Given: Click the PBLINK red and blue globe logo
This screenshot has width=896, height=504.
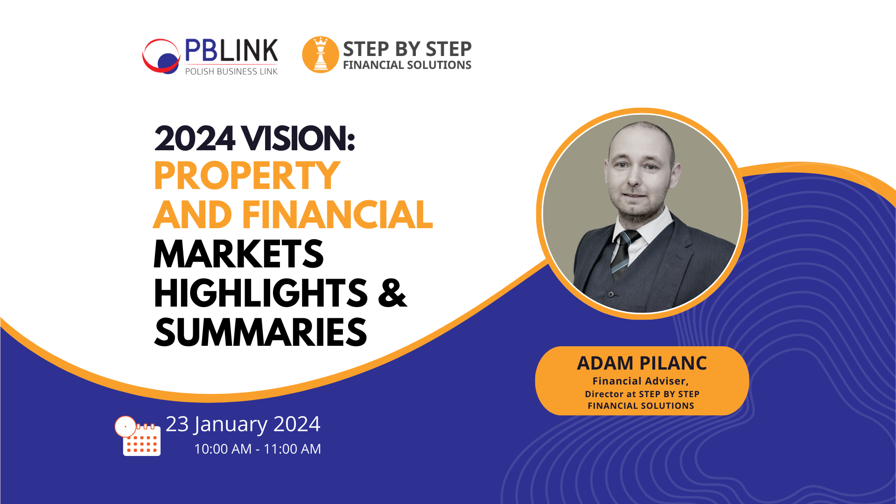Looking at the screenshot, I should tap(161, 56).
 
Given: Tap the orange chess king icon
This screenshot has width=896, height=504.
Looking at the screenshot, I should tap(320, 55).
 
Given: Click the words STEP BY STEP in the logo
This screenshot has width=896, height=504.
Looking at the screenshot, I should tap(407, 49).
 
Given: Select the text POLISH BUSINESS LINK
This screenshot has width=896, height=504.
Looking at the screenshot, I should tap(231, 71).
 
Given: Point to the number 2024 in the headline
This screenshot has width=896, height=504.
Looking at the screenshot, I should tap(194, 139).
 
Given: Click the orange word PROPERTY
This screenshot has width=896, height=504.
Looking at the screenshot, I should tap(247, 176).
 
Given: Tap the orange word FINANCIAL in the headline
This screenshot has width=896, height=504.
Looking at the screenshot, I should tap(337, 215).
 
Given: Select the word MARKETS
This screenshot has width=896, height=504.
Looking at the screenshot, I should tap(238, 254).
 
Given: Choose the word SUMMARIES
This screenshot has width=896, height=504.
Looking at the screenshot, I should tap(260, 333).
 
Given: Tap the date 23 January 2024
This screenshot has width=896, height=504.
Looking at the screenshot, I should tap(243, 424).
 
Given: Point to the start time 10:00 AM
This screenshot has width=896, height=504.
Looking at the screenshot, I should tap(223, 449).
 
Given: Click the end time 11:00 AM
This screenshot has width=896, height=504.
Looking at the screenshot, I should tap(292, 449).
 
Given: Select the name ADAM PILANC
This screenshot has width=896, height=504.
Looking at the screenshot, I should tap(642, 363).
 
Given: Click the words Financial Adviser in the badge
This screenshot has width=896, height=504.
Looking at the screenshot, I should tap(640, 381).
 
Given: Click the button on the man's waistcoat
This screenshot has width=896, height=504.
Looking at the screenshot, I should tap(611, 294).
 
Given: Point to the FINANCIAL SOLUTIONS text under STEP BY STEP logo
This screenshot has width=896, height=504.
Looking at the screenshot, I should tap(407, 65).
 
